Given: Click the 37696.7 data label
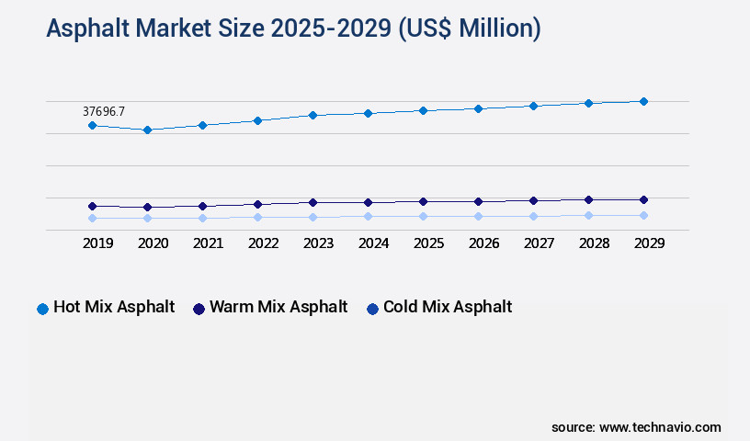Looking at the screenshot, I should [104, 111].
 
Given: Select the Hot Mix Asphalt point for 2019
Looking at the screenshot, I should [92, 125].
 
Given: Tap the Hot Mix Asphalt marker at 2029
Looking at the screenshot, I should [643, 101].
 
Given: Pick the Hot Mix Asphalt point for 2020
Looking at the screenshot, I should [147, 130].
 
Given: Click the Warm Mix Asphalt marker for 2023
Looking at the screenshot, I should [312, 202].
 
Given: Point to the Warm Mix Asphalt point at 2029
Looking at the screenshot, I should [643, 199].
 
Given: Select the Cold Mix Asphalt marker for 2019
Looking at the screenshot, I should [92, 218].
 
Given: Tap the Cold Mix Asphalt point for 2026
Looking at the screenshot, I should [478, 216].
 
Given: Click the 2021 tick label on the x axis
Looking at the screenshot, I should [209, 243].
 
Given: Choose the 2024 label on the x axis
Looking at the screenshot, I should [374, 243].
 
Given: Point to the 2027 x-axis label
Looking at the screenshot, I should [540, 243].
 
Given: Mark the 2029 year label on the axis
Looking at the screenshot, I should [650, 243].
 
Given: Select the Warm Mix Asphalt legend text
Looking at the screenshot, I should [278, 307].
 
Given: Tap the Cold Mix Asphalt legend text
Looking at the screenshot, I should [448, 307].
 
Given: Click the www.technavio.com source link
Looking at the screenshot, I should [660, 427].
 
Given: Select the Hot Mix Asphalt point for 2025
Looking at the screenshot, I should [423, 110].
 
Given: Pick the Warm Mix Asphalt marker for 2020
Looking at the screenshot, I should [147, 207].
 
